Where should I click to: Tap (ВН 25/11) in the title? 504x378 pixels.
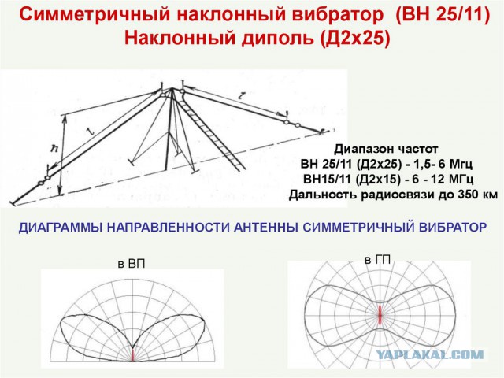coord(443,15)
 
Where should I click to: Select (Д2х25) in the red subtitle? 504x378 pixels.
coord(355,38)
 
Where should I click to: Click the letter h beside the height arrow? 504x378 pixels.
coord(55,148)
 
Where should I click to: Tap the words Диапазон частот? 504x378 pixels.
coord(386,149)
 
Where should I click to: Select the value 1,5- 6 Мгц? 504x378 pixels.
coord(440,165)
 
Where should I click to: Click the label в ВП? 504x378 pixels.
coord(132,264)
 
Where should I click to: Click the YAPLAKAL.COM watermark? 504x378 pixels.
coord(431,355)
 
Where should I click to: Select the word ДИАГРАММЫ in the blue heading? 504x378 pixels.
coord(61,228)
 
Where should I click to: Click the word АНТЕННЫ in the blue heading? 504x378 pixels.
coord(265,228)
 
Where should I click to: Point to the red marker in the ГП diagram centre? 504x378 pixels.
coord(380,315)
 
